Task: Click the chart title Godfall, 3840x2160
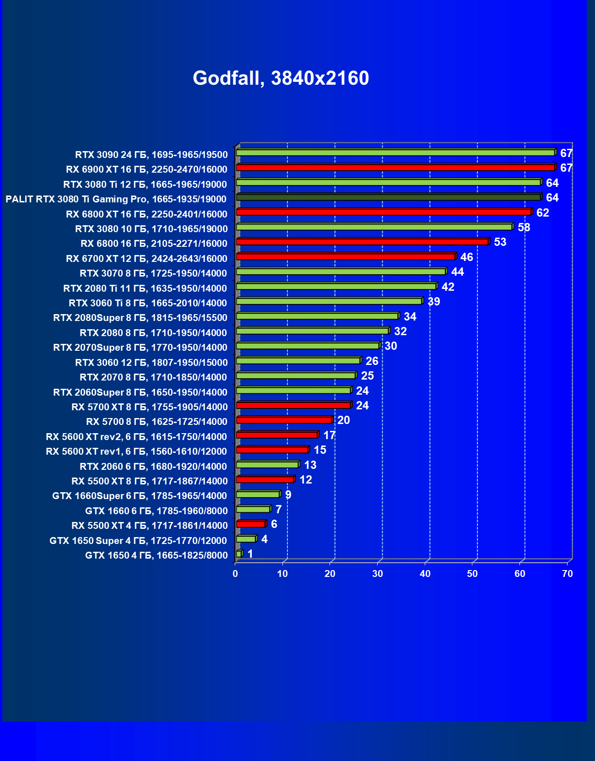(281, 78)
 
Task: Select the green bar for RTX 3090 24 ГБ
(395, 152)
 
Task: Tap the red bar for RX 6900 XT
(395, 168)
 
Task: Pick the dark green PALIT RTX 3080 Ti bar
(388, 197)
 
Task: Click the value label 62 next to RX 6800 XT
(542, 213)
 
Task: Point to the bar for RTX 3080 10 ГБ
(374, 227)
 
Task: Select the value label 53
(500, 242)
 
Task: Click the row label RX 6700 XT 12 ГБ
(146, 259)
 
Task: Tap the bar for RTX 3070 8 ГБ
(341, 272)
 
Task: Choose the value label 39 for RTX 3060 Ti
(433, 302)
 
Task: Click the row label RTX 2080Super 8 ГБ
(140, 318)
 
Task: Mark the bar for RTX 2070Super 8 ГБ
(308, 346)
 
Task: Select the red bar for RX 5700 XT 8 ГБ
(293, 405)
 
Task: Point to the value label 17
(329, 435)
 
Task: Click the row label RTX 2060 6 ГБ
(153, 467)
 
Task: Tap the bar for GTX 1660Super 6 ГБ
(258, 495)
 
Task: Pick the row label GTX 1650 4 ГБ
(156, 555)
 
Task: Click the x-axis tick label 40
(425, 574)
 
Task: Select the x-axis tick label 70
(567, 574)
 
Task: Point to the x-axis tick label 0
(235, 574)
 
